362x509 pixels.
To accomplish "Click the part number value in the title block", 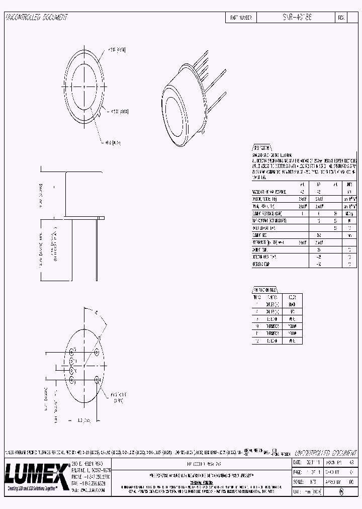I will point(297,17).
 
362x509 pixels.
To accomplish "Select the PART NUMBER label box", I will point(241,17).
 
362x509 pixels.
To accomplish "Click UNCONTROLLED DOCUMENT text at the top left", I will point(36,17).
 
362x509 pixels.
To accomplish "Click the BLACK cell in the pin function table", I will point(293,304).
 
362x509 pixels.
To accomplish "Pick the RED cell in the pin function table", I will point(293,312).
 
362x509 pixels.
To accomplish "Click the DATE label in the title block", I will point(298,461).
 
